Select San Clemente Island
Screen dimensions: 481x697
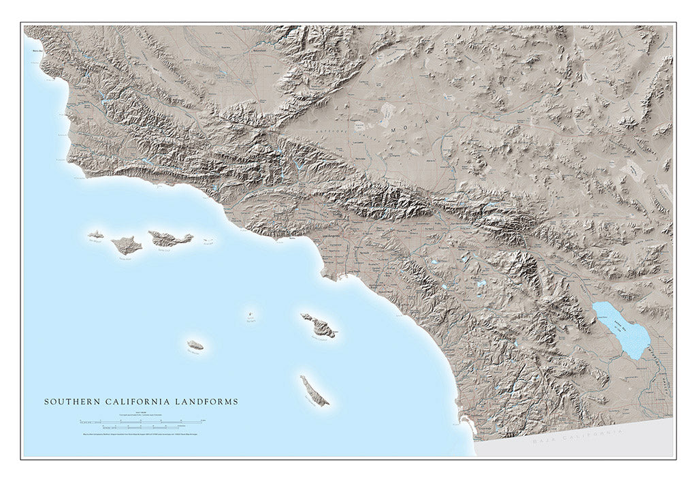pos(314,390)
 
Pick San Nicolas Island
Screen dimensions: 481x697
pos(196,345)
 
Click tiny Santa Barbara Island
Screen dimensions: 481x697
pos(251,315)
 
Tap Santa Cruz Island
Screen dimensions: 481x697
pos(170,238)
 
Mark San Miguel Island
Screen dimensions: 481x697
pos(95,234)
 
